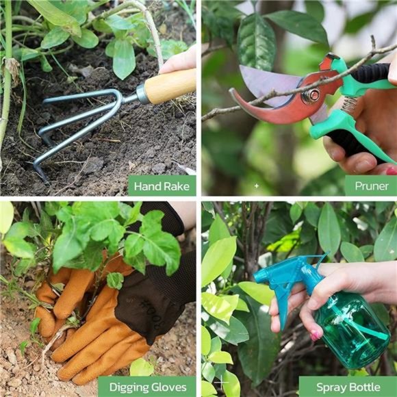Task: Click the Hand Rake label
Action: (162, 185)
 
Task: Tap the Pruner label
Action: (370, 185)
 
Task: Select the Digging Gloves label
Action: (146, 387)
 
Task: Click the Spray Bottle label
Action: (347, 387)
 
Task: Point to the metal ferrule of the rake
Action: (143, 94)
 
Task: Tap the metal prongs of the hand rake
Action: (75, 127)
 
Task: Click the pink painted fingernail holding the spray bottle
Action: (316, 335)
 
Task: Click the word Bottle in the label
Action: (364, 387)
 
